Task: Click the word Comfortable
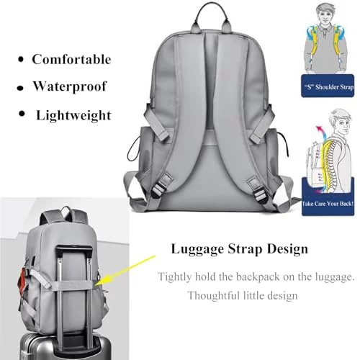[x=71, y=59]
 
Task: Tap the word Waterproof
[x=70, y=86]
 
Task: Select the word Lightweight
[x=73, y=116]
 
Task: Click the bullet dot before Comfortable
[x=21, y=60]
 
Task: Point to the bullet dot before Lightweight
[x=22, y=114]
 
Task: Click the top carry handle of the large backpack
[x=212, y=14]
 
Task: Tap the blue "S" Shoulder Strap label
[x=328, y=86]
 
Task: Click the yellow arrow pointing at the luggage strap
[x=127, y=270]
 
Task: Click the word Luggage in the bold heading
[x=197, y=249]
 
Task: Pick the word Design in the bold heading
[x=287, y=249]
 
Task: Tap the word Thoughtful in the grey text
[x=213, y=295]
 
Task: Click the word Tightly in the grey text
[x=175, y=277]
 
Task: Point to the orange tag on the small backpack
[x=22, y=280]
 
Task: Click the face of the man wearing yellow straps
[x=325, y=17]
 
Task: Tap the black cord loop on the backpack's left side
[x=132, y=149]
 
